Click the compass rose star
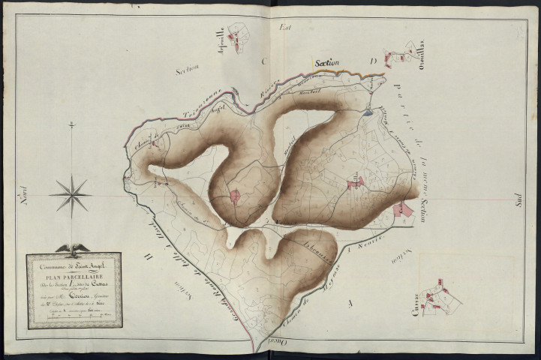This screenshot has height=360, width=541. click(x=71, y=195)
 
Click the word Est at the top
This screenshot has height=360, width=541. click(x=284, y=27)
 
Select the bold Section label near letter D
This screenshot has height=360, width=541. click(x=327, y=64)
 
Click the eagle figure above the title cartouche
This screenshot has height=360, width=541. click(x=73, y=248)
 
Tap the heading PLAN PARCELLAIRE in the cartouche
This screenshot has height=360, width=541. click(x=75, y=274)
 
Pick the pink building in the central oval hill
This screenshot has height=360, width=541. click(x=235, y=196)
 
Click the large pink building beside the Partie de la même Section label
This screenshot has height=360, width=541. click(x=403, y=209)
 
